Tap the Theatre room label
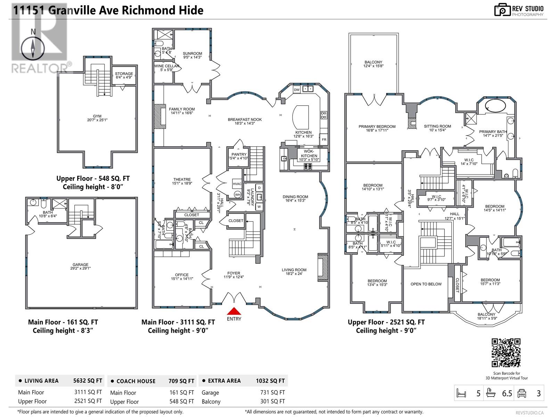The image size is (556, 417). pyautogui.click(x=181, y=179)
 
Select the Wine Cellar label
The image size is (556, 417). pyautogui.click(x=166, y=66)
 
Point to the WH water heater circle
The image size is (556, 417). pyautogui.click(x=237, y=195)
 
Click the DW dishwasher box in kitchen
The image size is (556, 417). pyautogui.click(x=296, y=90)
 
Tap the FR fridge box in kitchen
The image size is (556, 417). pyautogui.click(x=324, y=139)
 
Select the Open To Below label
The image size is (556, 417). pyautogui.click(x=426, y=284)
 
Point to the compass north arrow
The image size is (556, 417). pyautogui.click(x=33, y=49)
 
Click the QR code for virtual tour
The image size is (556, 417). pyautogui.click(x=506, y=353)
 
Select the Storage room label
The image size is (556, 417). pyautogui.click(x=124, y=74)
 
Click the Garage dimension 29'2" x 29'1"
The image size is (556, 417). pyautogui.click(x=80, y=268)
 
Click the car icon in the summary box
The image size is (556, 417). pyautogui.click(x=522, y=393)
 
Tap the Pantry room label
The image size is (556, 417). pyautogui.click(x=239, y=154)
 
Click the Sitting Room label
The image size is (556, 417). pyautogui.click(x=437, y=126)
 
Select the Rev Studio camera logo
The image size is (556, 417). pyautogui.click(x=502, y=10)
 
